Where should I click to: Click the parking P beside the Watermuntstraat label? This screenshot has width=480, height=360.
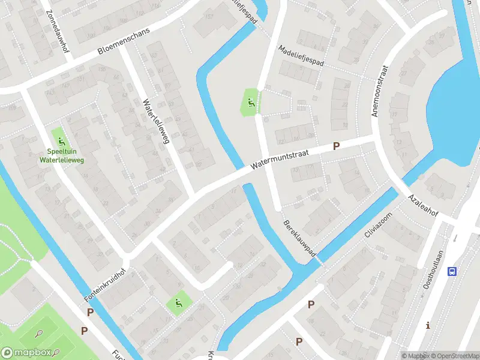pyautogui.click(x=337, y=146)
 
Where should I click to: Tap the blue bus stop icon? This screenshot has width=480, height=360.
pyautogui.click(x=451, y=272)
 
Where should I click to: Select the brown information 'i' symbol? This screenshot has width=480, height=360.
pyautogui.click(x=428, y=326)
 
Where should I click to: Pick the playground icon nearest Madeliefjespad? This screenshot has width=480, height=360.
pyautogui.click(x=251, y=101)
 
